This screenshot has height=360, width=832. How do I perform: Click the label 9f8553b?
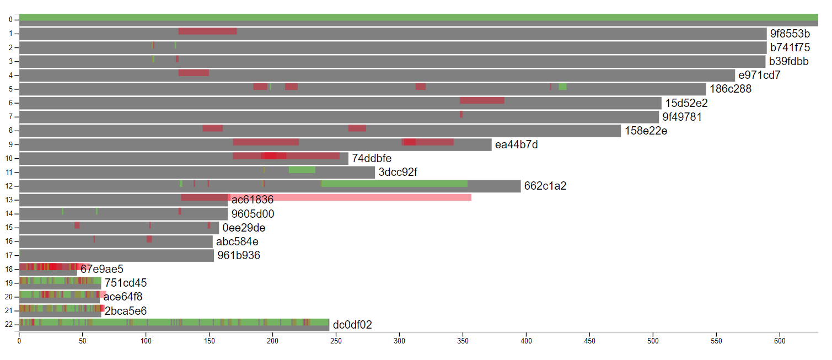pyautogui.click(x=790, y=34)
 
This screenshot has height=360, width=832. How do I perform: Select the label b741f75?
pyautogui.click(x=790, y=47)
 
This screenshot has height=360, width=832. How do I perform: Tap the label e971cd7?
pyautogui.click(x=759, y=75)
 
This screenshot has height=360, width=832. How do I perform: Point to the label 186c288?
pyautogui.click(x=730, y=89)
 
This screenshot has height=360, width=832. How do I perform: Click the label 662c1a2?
pyautogui.click(x=545, y=186)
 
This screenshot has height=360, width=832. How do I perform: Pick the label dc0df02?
pyautogui.click(x=352, y=325)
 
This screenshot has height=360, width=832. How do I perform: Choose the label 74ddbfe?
pyautogui.click(x=372, y=158)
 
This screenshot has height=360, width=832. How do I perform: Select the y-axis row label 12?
pyautogui.click(x=8, y=186)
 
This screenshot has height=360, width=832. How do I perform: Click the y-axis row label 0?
pyautogui.click(x=10, y=20)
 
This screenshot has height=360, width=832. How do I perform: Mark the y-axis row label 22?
pyautogui.click(x=8, y=325)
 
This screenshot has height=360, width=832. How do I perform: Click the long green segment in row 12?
pyautogui.click(x=394, y=184)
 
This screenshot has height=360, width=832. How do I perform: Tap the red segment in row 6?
pyautogui.click(x=482, y=100)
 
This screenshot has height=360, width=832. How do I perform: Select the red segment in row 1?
pyautogui.click(x=207, y=31)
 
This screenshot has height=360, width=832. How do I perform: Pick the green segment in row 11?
pyautogui.click(x=302, y=169)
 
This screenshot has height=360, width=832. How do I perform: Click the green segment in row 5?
pyautogui.click(x=562, y=87)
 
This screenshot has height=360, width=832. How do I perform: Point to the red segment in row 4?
pyautogui.click(x=194, y=73)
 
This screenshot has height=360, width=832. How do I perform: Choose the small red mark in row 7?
pyautogui.click(x=461, y=114)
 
